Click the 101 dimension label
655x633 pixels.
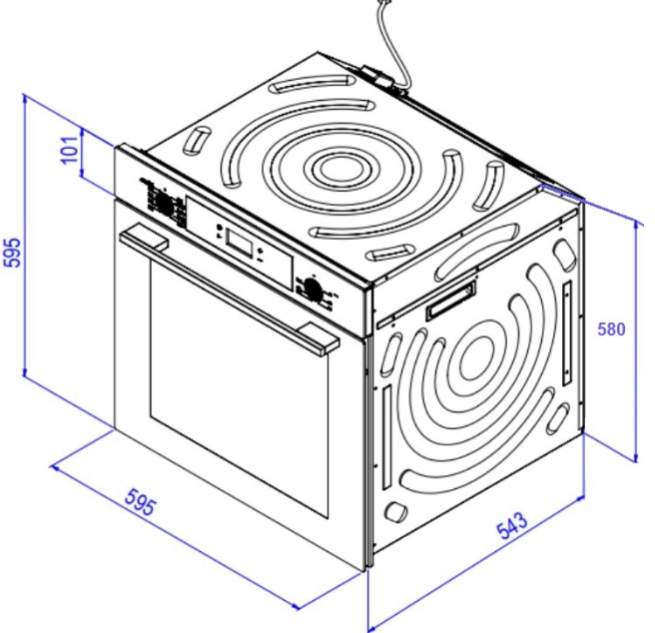(x=70, y=150)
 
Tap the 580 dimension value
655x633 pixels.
(x=611, y=329)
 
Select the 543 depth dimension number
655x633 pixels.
(x=512, y=525)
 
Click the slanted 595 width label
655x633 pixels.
(x=141, y=501)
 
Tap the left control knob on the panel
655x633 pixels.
(x=164, y=204)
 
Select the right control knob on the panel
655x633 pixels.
(x=312, y=288)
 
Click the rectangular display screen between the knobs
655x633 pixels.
(x=240, y=243)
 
